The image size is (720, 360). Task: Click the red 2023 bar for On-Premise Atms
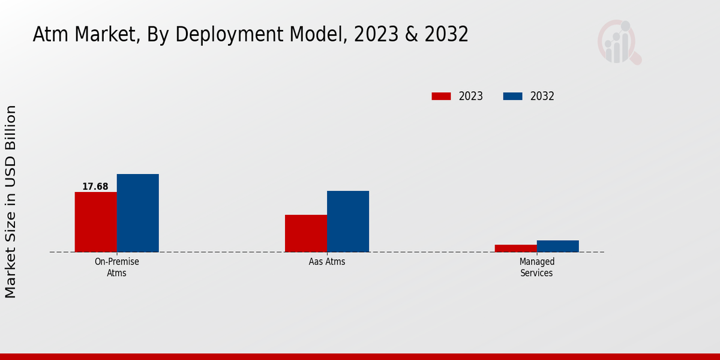(96, 222)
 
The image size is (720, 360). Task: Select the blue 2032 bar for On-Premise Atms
(138, 213)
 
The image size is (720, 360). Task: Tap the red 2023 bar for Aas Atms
(306, 233)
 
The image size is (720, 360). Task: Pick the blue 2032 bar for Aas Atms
(348, 221)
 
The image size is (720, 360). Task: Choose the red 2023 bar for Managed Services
(516, 248)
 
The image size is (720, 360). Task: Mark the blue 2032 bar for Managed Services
(558, 246)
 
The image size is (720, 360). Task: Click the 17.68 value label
(95, 187)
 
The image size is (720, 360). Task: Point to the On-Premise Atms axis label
(117, 267)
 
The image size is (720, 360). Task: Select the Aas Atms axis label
(327, 262)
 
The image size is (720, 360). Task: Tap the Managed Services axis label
(537, 267)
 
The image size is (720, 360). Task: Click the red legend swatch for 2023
(441, 96)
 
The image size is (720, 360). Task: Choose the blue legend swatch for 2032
(512, 96)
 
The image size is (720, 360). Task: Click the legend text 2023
(471, 96)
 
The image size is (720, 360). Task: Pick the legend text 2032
(542, 96)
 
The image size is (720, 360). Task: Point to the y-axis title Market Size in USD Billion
(11, 201)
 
